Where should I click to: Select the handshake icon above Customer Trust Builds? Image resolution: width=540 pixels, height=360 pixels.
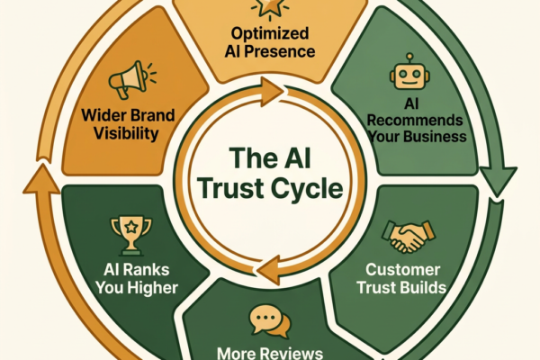[409, 236]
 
